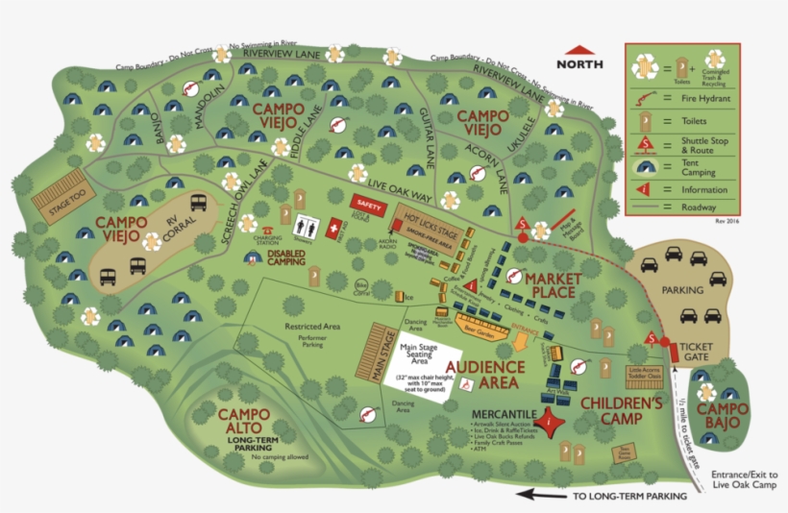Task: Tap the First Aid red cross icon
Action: click(x=334, y=229)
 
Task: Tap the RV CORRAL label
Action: click(x=168, y=235)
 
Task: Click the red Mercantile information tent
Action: click(x=549, y=420)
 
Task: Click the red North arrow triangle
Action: click(x=580, y=50)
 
